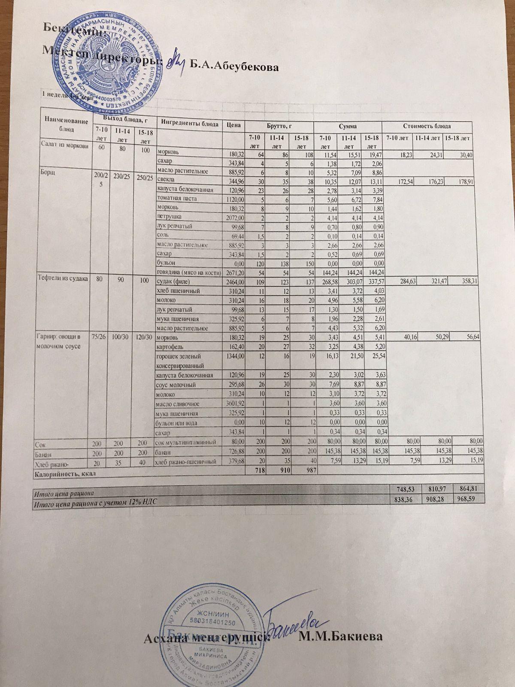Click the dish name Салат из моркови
click(64, 145)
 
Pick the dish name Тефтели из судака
click(64, 278)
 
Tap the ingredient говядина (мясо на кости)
click(189, 272)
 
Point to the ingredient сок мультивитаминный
click(185, 442)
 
